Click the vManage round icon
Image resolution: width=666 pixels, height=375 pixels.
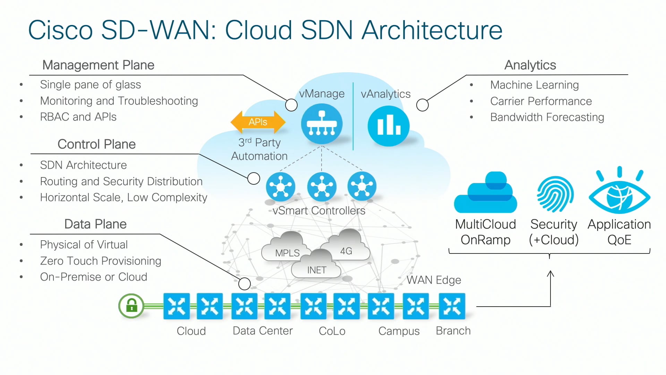[x=322, y=124]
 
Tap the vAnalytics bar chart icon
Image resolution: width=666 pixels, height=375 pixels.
[x=388, y=126]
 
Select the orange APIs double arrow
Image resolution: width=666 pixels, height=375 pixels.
[x=258, y=122]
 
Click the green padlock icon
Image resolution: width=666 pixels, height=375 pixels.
[x=131, y=306]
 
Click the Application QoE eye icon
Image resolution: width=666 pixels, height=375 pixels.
[x=619, y=194]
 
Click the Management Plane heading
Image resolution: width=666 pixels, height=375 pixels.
[x=98, y=65]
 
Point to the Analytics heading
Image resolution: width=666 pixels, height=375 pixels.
[x=530, y=65]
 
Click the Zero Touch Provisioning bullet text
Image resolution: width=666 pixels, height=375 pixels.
[x=101, y=261]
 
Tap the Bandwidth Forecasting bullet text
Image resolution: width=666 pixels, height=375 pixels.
[x=547, y=117]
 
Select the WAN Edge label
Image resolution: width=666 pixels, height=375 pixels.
[x=434, y=280]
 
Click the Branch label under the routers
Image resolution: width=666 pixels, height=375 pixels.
[x=453, y=331]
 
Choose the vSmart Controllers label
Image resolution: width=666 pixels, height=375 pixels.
[x=319, y=211]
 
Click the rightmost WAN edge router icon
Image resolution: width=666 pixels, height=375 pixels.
[x=452, y=306]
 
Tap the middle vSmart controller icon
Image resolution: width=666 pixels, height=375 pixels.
[x=322, y=187]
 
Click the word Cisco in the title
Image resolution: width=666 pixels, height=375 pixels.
[x=60, y=30]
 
